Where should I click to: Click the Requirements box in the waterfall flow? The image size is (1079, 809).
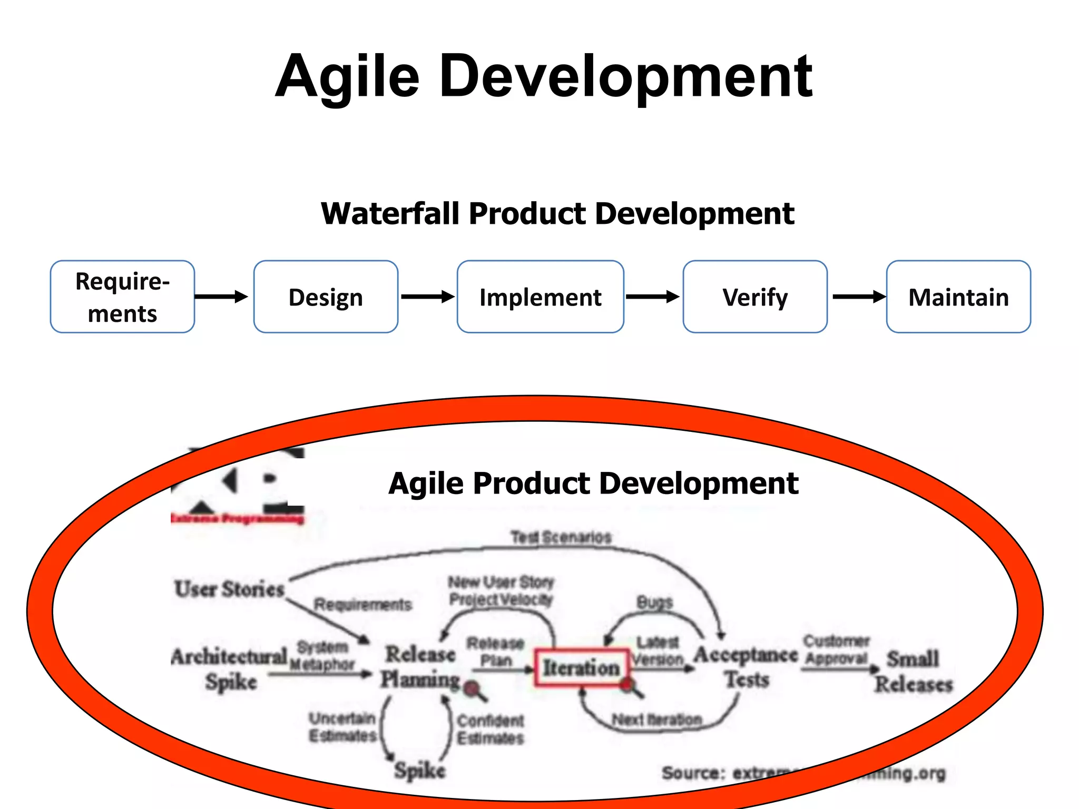(122, 297)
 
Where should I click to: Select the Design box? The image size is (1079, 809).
(326, 297)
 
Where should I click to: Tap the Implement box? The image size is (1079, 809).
(540, 297)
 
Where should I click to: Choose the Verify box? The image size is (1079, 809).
(755, 297)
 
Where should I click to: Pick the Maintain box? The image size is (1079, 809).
(958, 297)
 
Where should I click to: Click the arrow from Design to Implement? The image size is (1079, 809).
(427, 297)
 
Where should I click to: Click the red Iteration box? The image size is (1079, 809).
(582, 668)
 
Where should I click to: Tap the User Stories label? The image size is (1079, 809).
(229, 589)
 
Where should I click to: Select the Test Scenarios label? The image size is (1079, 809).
(561, 537)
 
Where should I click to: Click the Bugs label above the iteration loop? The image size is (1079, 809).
(654, 602)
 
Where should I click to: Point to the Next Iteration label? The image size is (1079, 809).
(656, 719)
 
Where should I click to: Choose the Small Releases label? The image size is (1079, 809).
(914, 672)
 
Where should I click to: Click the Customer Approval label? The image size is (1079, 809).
(836, 650)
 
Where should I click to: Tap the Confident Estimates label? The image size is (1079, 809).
(490, 729)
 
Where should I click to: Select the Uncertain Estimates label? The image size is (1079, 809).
(342, 727)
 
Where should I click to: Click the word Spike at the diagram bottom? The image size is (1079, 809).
(420, 771)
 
